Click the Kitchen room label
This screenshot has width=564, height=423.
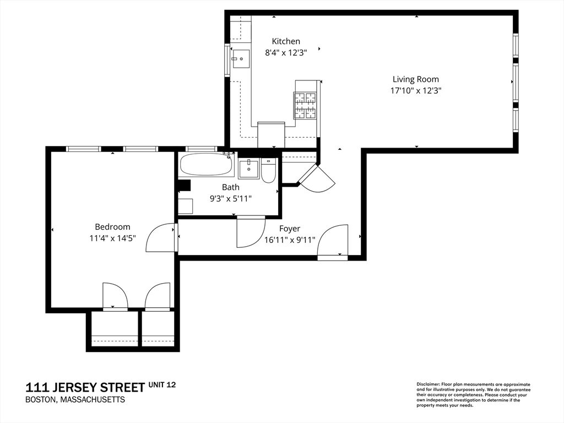286,41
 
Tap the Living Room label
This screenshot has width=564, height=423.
416,79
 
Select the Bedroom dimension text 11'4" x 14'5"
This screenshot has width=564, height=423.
112,238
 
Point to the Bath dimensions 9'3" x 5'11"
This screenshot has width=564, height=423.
231,198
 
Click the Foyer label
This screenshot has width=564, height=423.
290,229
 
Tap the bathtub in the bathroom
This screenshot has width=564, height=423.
207,164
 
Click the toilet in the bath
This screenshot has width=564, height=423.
268,171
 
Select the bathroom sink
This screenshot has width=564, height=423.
248,169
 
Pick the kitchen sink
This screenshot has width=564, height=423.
241,59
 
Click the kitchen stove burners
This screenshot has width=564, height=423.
305,105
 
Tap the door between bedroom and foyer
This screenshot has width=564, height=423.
161,237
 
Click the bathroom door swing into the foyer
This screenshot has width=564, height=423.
251,232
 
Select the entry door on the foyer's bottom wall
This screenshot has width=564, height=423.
333,242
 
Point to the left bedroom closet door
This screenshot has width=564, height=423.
115,296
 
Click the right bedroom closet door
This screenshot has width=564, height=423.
158,296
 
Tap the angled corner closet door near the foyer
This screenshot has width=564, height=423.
317,178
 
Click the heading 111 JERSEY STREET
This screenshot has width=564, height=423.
85,387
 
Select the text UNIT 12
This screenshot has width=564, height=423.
162,385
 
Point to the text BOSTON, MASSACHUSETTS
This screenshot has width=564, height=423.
75,400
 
